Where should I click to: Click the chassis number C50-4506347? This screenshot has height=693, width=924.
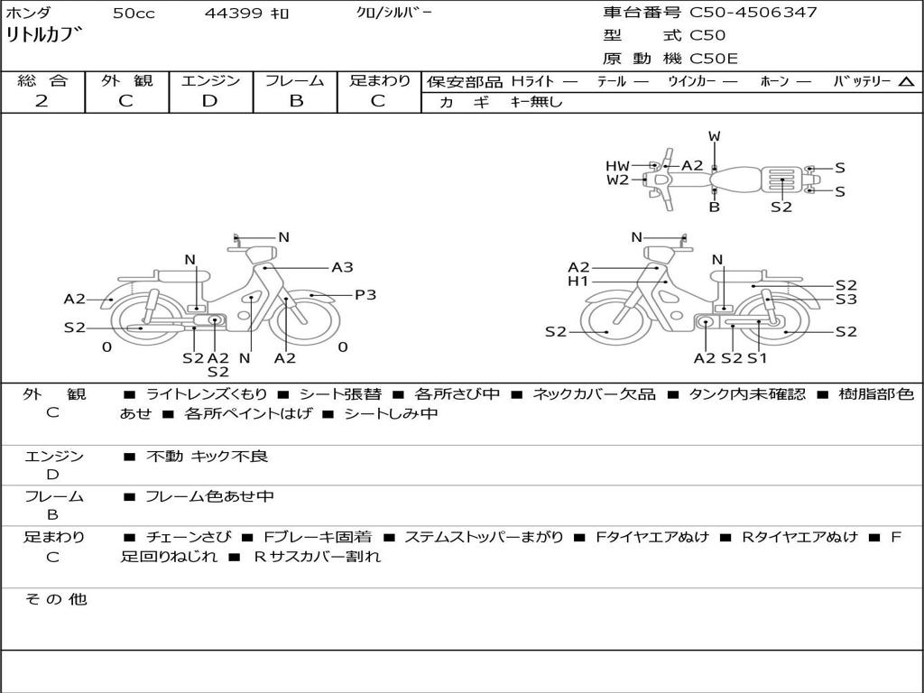coord(753,13)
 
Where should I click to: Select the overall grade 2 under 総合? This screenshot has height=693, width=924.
coord(42,101)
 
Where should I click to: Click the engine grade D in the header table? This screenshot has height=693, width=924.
coord(209,101)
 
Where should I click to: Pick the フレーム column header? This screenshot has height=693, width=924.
coord(295,80)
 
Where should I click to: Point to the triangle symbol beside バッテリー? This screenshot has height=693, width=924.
coord(906,82)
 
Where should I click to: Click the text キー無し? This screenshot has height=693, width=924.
coord(536,102)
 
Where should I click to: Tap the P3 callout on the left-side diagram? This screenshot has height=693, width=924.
coord(365,295)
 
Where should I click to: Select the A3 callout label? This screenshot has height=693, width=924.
coord(342,267)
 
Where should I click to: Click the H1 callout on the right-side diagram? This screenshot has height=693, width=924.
coord(578,282)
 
